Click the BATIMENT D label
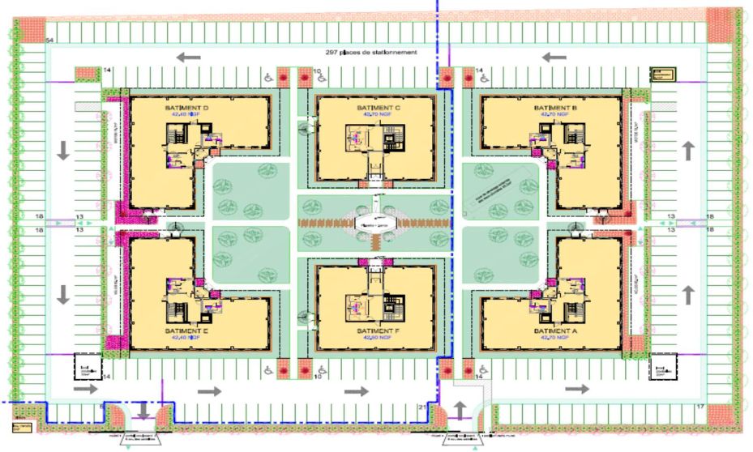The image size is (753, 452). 187,108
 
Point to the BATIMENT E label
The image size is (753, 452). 187,331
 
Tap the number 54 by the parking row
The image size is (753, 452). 49,41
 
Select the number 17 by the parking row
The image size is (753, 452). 700,405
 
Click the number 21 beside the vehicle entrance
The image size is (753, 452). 422,406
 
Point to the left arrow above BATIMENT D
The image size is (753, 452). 189,57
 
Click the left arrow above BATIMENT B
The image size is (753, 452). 554,57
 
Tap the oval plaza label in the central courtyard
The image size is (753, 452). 375,220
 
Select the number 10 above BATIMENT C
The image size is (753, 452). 318,72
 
